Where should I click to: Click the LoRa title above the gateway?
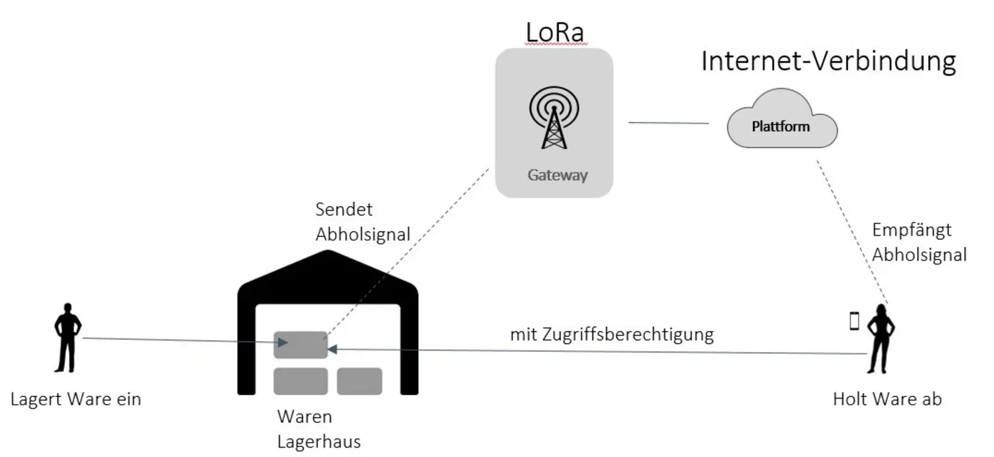[x=555, y=32]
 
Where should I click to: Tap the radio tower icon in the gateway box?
[x=554, y=118]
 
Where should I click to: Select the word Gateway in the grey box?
[x=557, y=175]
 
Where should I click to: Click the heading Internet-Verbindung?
[x=828, y=62]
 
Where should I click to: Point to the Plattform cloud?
[x=781, y=126]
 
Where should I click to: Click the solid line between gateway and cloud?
[x=668, y=123]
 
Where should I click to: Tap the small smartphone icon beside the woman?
[x=854, y=321]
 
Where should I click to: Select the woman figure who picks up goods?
[x=880, y=339]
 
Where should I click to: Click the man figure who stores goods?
[x=67, y=338]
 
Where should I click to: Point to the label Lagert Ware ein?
[x=76, y=399]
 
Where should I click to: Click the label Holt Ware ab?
[x=887, y=399]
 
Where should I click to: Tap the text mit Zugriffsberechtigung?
[x=612, y=335]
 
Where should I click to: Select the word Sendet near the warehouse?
[x=344, y=210]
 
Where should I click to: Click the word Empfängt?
[x=911, y=230]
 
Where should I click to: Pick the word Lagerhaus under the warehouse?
[x=319, y=442]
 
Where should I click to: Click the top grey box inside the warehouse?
[x=300, y=345]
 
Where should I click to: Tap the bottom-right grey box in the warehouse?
[x=359, y=381]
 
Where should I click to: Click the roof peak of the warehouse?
[x=328, y=254]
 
